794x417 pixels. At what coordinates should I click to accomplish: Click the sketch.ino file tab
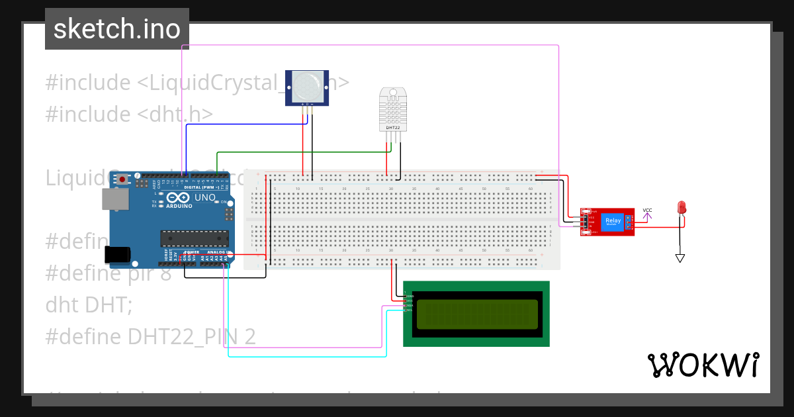[x=117, y=29]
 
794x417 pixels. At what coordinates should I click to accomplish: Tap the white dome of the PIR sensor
[x=306, y=86]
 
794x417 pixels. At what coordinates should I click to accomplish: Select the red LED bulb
[x=681, y=207]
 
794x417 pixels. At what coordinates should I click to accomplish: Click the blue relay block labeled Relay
[x=613, y=221]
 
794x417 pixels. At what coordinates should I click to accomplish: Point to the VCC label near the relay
[x=647, y=210]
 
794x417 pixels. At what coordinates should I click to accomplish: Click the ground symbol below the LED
[x=680, y=257]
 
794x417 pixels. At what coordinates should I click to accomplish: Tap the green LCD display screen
[x=476, y=314]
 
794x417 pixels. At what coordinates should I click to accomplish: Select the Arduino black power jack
[x=117, y=255]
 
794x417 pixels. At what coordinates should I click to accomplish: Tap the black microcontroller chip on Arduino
[x=195, y=238]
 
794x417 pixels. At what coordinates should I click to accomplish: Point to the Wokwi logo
[x=703, y=365]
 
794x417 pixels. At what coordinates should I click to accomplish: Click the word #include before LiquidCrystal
[x=88, y=83]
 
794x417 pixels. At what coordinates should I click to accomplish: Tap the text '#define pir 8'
[x=109, y=273]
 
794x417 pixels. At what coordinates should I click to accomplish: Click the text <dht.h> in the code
[x=175, y=115]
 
